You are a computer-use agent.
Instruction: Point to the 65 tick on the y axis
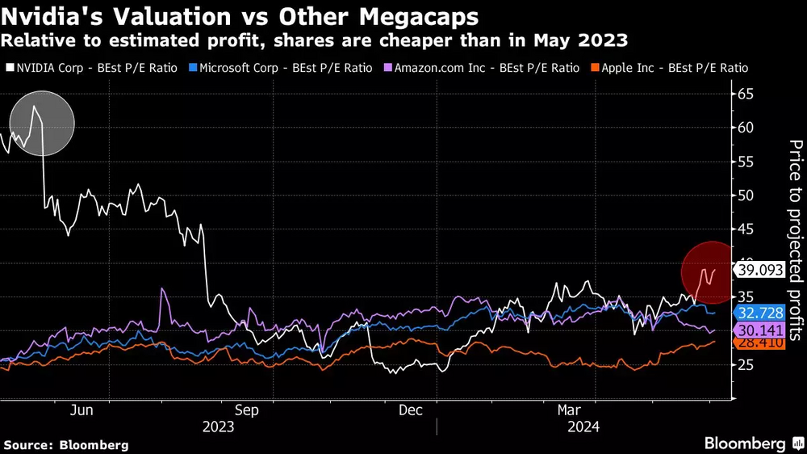746,94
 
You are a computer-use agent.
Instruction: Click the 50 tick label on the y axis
746,195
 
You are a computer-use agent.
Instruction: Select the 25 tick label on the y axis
746,365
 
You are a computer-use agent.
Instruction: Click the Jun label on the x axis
82,410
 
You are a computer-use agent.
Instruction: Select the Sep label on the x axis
246,410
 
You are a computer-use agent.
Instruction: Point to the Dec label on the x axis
410,410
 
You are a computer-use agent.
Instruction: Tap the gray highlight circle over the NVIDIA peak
42,124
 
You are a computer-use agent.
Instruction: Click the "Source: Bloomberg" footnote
66,444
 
